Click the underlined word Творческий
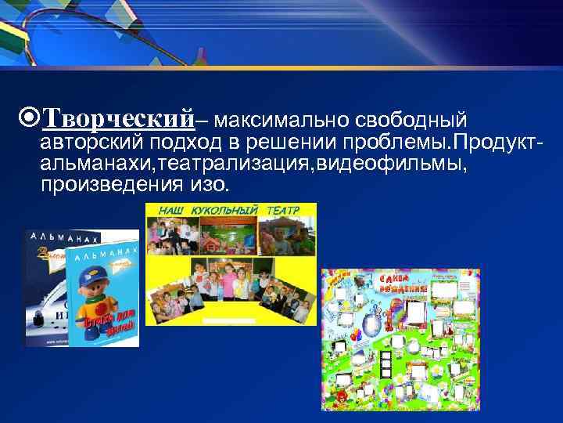(117, 119)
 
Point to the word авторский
(86, 143)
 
